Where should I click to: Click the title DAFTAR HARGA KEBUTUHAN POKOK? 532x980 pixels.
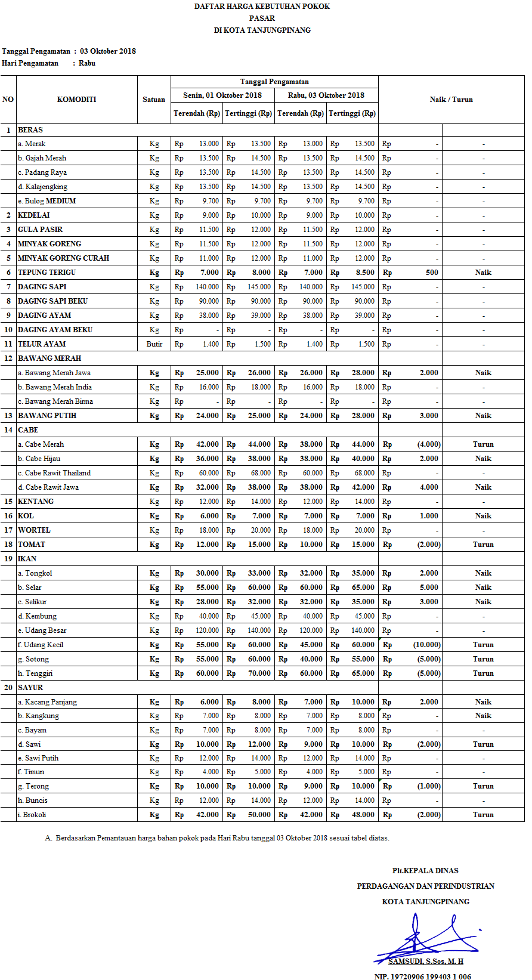(262, 7)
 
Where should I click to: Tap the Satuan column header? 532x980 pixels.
(154, 100)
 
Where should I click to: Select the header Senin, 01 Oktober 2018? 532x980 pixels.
(222, 95)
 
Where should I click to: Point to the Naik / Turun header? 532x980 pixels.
(451, 100)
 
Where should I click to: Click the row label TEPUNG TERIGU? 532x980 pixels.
(47, 273)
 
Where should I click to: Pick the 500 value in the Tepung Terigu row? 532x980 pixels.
(432, 273)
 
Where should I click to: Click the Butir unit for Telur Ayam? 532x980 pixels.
(154, 344)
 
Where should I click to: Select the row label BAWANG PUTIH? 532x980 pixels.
(47, 416)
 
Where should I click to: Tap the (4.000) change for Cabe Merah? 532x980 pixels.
(429, 444)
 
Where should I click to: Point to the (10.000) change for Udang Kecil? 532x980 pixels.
(427, 645)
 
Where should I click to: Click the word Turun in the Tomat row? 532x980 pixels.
(483, 545)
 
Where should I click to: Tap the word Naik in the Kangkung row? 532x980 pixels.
(483, 716)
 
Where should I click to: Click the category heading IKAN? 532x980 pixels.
(27, 559)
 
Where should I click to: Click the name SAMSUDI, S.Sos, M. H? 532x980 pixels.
(425, 962)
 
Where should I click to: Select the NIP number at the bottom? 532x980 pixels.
(422, 976)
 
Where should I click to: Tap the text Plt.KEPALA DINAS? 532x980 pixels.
(425, 871)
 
